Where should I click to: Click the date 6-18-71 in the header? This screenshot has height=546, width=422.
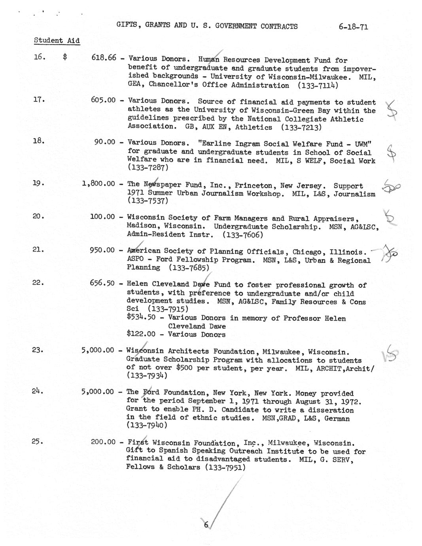(x=353, y=27)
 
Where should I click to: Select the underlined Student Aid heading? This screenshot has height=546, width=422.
(x=57, y=40)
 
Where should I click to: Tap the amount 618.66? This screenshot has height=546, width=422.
(x=104, y=58)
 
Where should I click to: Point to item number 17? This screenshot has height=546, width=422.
(x=38, y=100)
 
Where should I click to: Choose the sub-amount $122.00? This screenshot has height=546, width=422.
(x=141, y=334)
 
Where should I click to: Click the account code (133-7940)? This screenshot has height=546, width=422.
(x=147, y=425)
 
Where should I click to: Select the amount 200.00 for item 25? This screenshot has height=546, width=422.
(x=103, y=442)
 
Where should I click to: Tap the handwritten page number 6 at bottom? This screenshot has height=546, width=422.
(x=206, y=525)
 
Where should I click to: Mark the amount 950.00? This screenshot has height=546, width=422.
(x=102, y=250)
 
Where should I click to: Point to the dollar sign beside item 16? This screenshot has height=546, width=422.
(x=65, y=58)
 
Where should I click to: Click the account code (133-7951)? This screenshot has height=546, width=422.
(x=225, y=467)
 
